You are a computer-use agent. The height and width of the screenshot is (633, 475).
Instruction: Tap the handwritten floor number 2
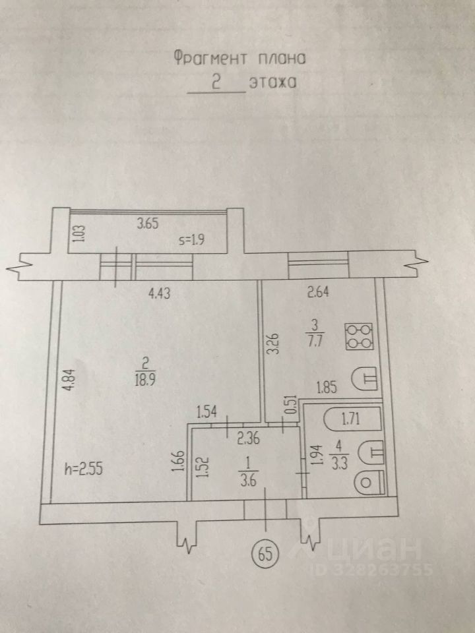click(x=214, y=82)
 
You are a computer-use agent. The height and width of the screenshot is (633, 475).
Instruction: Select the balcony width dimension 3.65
click(x=148, y=224)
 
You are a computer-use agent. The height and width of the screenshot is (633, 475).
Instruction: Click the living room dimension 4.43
click(x=158, y=295)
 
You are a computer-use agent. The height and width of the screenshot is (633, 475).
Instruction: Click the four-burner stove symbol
click(x=360, y=335)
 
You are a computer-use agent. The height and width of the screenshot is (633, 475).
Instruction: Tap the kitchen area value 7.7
click(x=314, y=340)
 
